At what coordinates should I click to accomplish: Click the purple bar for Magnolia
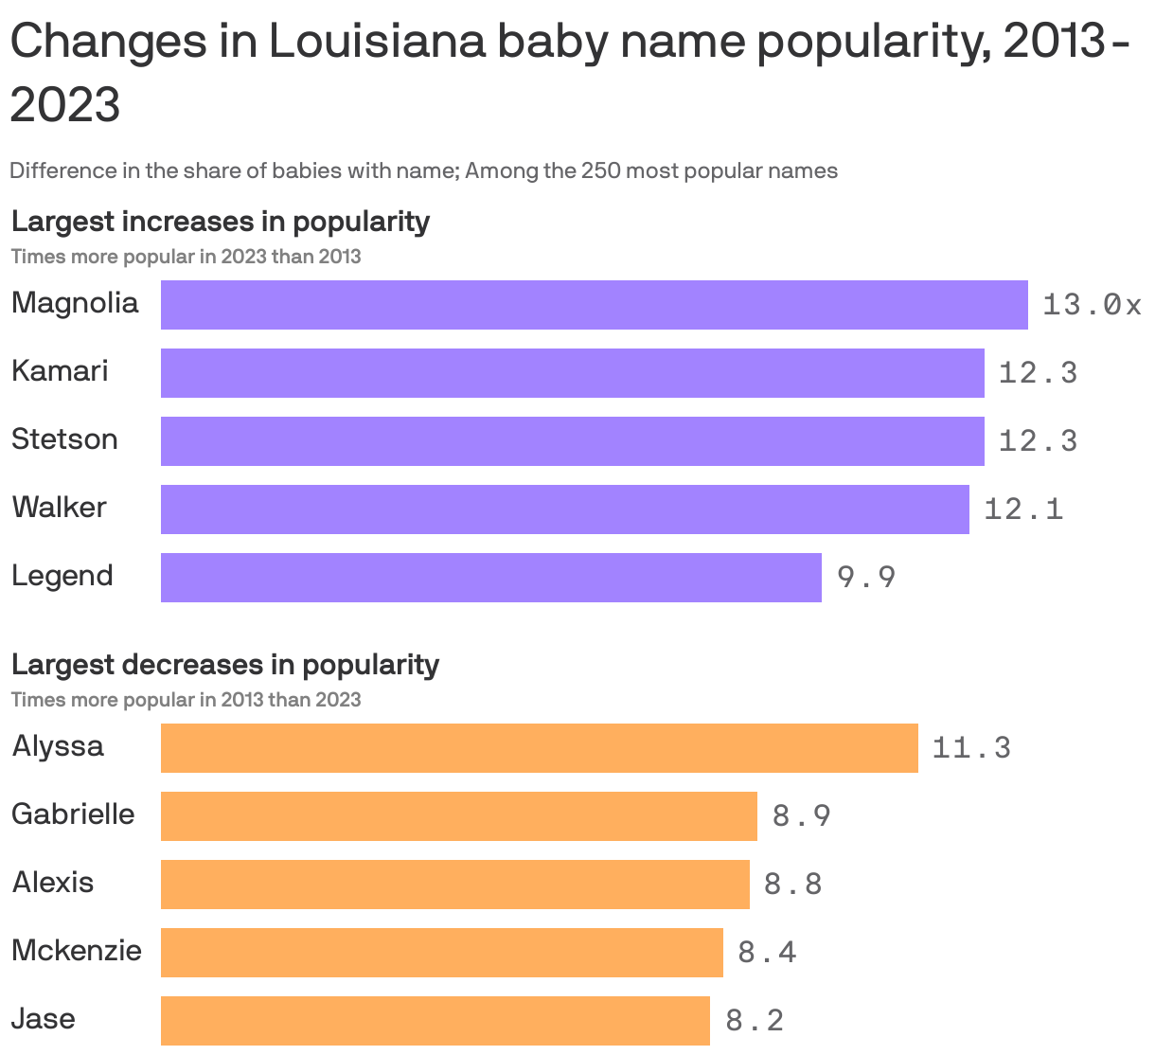[594, 305]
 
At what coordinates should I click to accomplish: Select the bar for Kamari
[572, 373]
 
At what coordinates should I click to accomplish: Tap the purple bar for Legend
[490, 578]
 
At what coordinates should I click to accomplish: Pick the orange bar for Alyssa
[539, 748]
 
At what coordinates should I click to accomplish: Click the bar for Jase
[435, 1021]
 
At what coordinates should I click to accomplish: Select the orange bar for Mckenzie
[441, 953]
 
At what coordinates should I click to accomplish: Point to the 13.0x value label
[1092, 305]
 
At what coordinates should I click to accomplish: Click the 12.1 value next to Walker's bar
[1023, 510]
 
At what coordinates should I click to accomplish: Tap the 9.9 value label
[866, 577]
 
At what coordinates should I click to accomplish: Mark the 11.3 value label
[971, 748]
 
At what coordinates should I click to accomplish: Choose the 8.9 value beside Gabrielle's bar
[802, 816]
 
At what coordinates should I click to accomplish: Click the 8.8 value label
[793, 885]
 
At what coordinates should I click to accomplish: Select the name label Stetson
[64, 439]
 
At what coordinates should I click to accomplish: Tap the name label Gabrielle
[73, 814]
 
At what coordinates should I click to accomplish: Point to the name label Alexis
[53, 883]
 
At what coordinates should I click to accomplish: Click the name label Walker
[59, 508]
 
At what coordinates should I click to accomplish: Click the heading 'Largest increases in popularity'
[221, 222]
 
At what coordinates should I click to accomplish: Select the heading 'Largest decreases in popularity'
[225, 665]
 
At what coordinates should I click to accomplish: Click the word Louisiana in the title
[376, 43]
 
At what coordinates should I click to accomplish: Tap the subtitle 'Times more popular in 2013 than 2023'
[186, 700]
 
